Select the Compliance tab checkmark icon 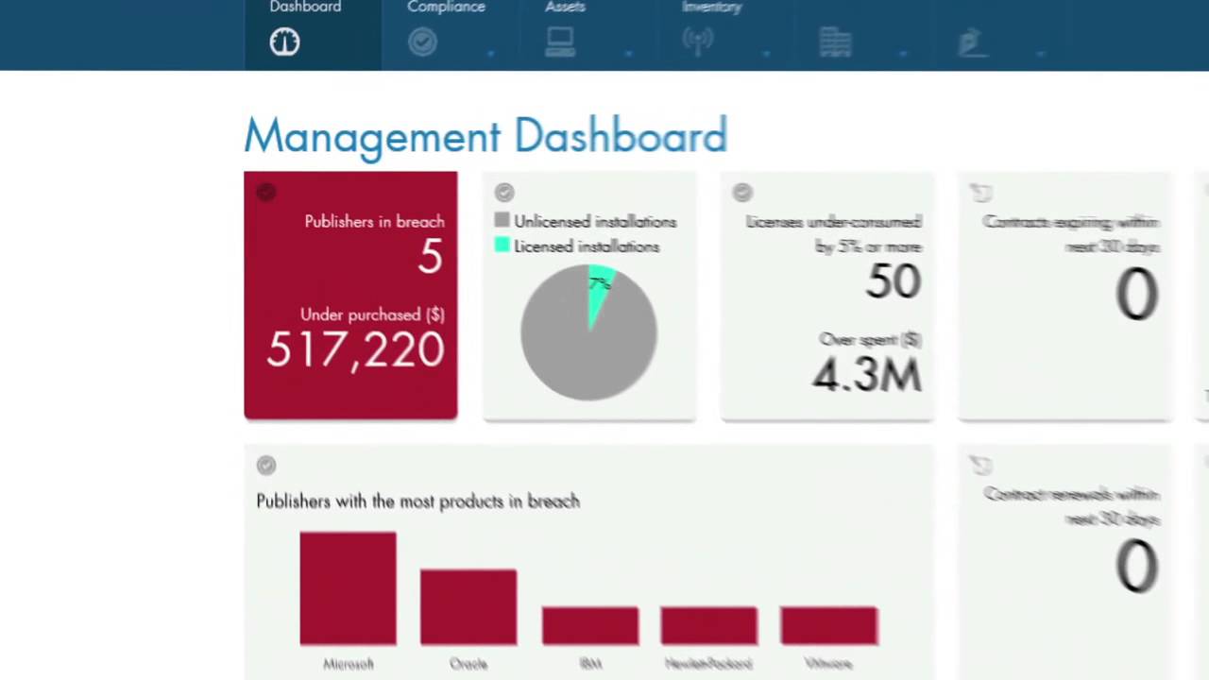point(422,42)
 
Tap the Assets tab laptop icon point(560,42)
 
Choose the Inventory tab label point(711,8)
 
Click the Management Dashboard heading point(485,136)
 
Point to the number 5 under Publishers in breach point(431,257)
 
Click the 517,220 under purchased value point(355,349)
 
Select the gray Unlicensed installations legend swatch point(502,221)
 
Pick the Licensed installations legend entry point(586,246)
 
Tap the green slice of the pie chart point(599,289)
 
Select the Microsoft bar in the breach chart point(348,588)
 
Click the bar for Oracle point(468,606)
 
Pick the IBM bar point(590,626)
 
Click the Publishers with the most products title point(417,501)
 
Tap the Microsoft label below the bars point(348,664)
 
